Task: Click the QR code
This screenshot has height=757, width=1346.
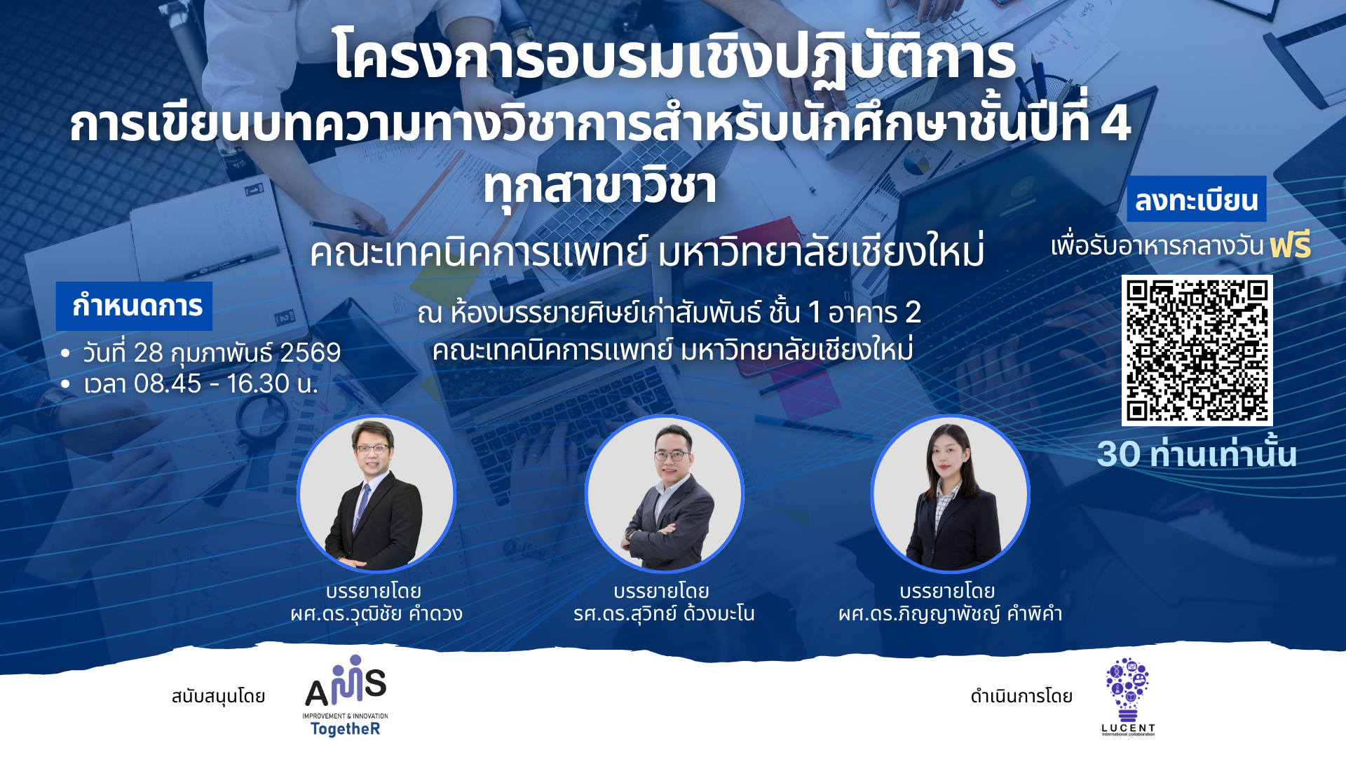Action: [x=1197, y=350]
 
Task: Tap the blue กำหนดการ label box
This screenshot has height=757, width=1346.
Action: [x=134, y=306]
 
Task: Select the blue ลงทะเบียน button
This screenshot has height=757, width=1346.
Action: [x=1196, y=199]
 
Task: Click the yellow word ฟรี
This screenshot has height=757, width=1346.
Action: [x=1290, y=245]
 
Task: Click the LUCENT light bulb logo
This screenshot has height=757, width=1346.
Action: [x=1127, y=696]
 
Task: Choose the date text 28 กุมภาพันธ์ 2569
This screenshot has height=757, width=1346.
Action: [x=237, y=353]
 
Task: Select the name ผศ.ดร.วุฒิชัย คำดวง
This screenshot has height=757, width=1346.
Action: [x=376, y=614]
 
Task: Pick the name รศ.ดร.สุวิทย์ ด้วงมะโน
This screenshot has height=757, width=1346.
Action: [x=664, y=614]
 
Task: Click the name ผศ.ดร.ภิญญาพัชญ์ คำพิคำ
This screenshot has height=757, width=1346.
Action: [x=950, y=614]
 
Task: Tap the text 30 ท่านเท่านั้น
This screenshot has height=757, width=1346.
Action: [x=1197, y=453]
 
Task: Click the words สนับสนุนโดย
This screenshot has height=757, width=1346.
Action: [x=218, y=696]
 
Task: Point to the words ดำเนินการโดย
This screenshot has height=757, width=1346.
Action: [x=1021, y=696]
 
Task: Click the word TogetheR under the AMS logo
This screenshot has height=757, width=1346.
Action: [x=345, y=729]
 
